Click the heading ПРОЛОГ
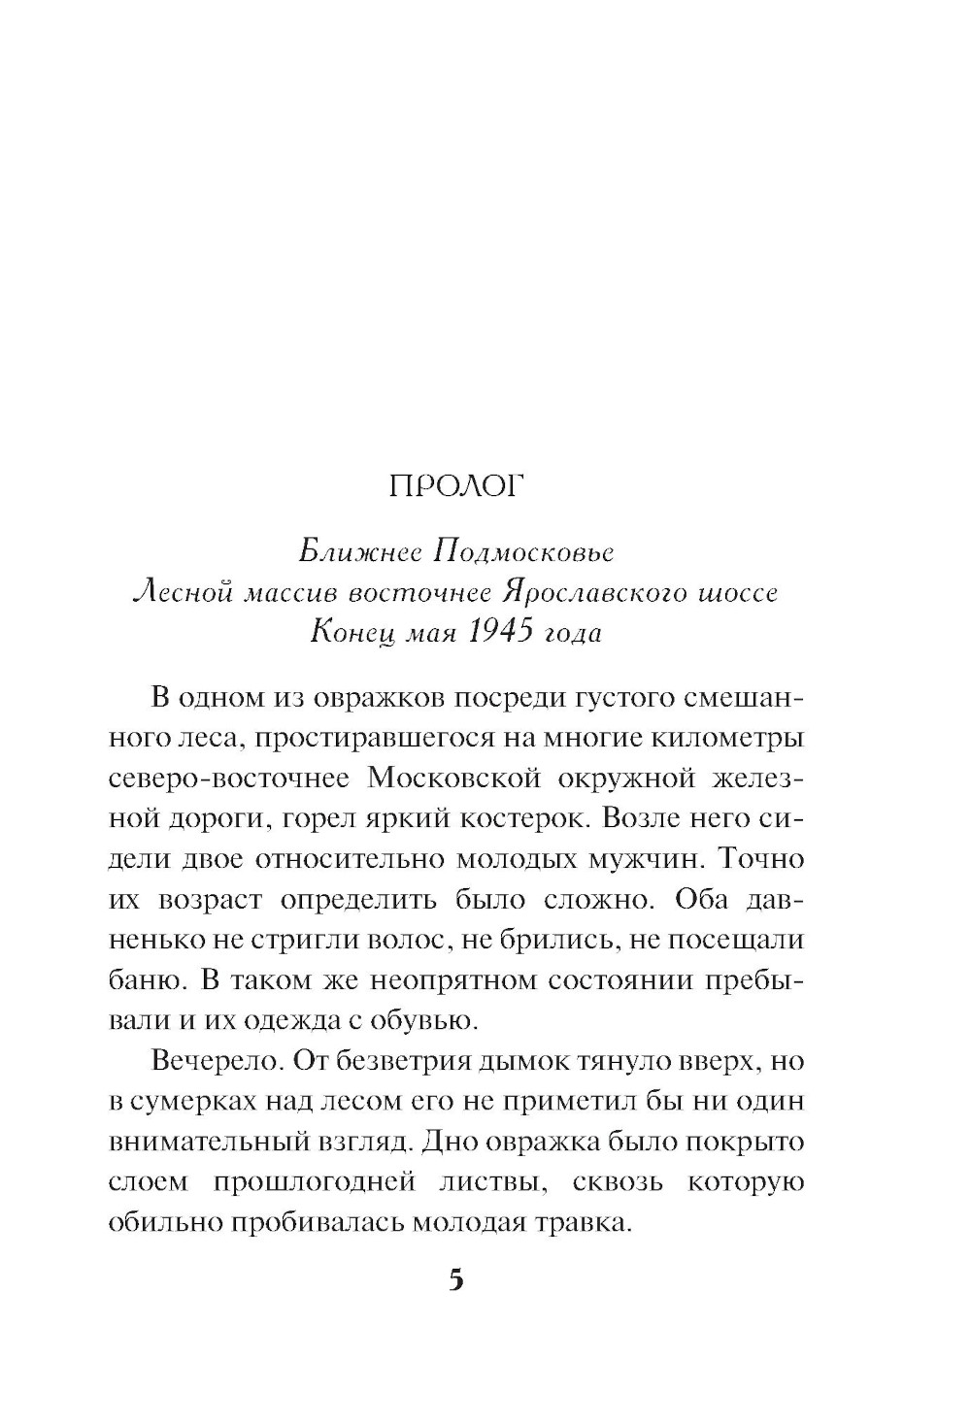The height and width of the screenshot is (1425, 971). click(455, 485)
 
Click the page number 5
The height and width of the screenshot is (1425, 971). click(456, 1279)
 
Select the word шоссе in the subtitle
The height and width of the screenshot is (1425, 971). click(737, 592)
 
